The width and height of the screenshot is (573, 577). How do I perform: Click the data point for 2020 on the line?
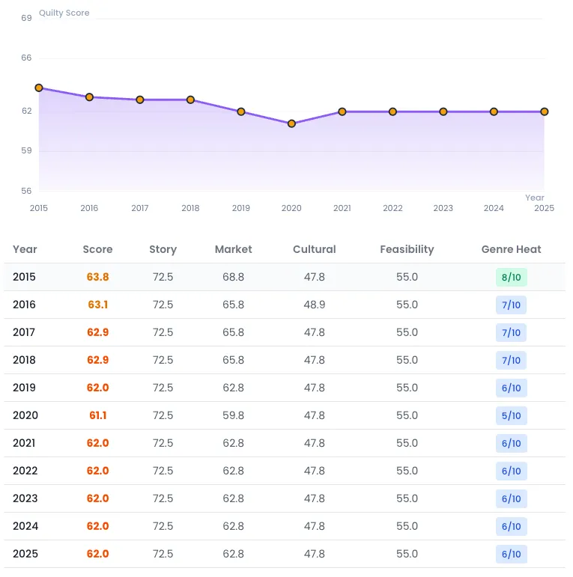(x=291, y=123)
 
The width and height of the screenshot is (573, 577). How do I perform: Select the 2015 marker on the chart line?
(x=39, y=88)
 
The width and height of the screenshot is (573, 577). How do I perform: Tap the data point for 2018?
(x=190, y=100)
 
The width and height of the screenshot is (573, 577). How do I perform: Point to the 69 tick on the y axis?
(x=26, y=17)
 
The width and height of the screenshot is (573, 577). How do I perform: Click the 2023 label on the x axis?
(x=443, y=208)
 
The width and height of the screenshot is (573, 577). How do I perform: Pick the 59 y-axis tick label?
(x=26, y=150)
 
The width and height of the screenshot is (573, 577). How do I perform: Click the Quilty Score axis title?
(x=64, y=13)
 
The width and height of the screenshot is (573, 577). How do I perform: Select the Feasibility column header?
(x=407, y=249)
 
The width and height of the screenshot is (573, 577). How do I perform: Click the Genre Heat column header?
(x=511, y=249)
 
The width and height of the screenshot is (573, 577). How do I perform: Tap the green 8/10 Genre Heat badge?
(x=511, y=277)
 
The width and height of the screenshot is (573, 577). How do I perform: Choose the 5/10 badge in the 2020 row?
(x=511, y=415)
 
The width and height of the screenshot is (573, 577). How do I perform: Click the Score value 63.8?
(x=97, y=277)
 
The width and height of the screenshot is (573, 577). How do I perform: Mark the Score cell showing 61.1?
(x=97, y=415)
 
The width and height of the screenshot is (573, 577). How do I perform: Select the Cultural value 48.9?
(x=315, y=305)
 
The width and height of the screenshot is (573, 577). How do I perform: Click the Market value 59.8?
(x=233, y=415)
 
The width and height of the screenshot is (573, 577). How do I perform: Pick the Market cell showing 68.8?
(x=233, y=277)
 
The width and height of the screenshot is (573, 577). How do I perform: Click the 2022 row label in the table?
(x=25, y=471)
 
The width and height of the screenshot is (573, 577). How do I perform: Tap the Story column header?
(x=163, y=249)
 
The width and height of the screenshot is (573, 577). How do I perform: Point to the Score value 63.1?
(x=97, y=305)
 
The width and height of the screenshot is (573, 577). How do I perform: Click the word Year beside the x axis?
(x=534, y=198)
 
